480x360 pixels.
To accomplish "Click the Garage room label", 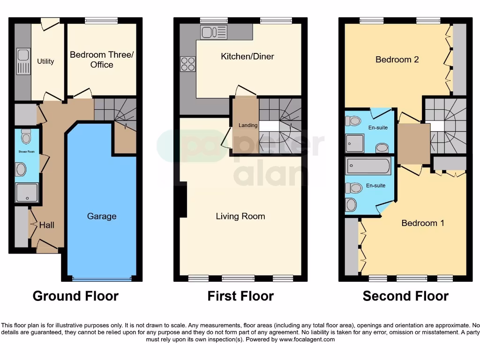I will pyautogui.click(x=102, y=216).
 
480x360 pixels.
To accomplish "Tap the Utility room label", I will pyautogui.click(x=45, y=61).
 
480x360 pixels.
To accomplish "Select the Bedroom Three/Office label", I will pyautogui.click(x=102, y=60).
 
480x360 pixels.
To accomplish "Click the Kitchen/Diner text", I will pyautogui.click(x=247, y=56).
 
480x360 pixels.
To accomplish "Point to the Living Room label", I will pyautogui.click(x=240, y=216).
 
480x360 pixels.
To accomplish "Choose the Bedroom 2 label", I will pyautogui.click(x=397, y=60).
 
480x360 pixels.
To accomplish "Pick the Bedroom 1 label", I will pyautogui.click(x=423, y=223).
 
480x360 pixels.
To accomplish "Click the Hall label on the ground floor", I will pyautogui.click(x=46, y=225).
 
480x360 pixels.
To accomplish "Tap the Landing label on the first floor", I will pyautogui.click(x=248, y=125).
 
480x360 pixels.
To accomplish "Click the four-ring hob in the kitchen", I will pyautogui.click(x=188, y=64).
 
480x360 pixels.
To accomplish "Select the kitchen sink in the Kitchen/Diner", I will pyautogui.click(x=214, y=32).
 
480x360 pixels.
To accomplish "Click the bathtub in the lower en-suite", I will pyautogui.click(x=368, y=166).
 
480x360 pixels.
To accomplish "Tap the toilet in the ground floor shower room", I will pyautogui.click(x=26, y=136).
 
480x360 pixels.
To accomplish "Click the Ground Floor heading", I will pyautogui.click(x=75, y=296).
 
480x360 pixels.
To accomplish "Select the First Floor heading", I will pyautogui.click(x=240, y=296).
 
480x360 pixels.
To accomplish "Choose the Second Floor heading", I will pyautogui.click(x=405, y=296).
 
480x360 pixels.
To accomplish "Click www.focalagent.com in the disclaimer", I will pyautogui.click(x=307, y=339).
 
